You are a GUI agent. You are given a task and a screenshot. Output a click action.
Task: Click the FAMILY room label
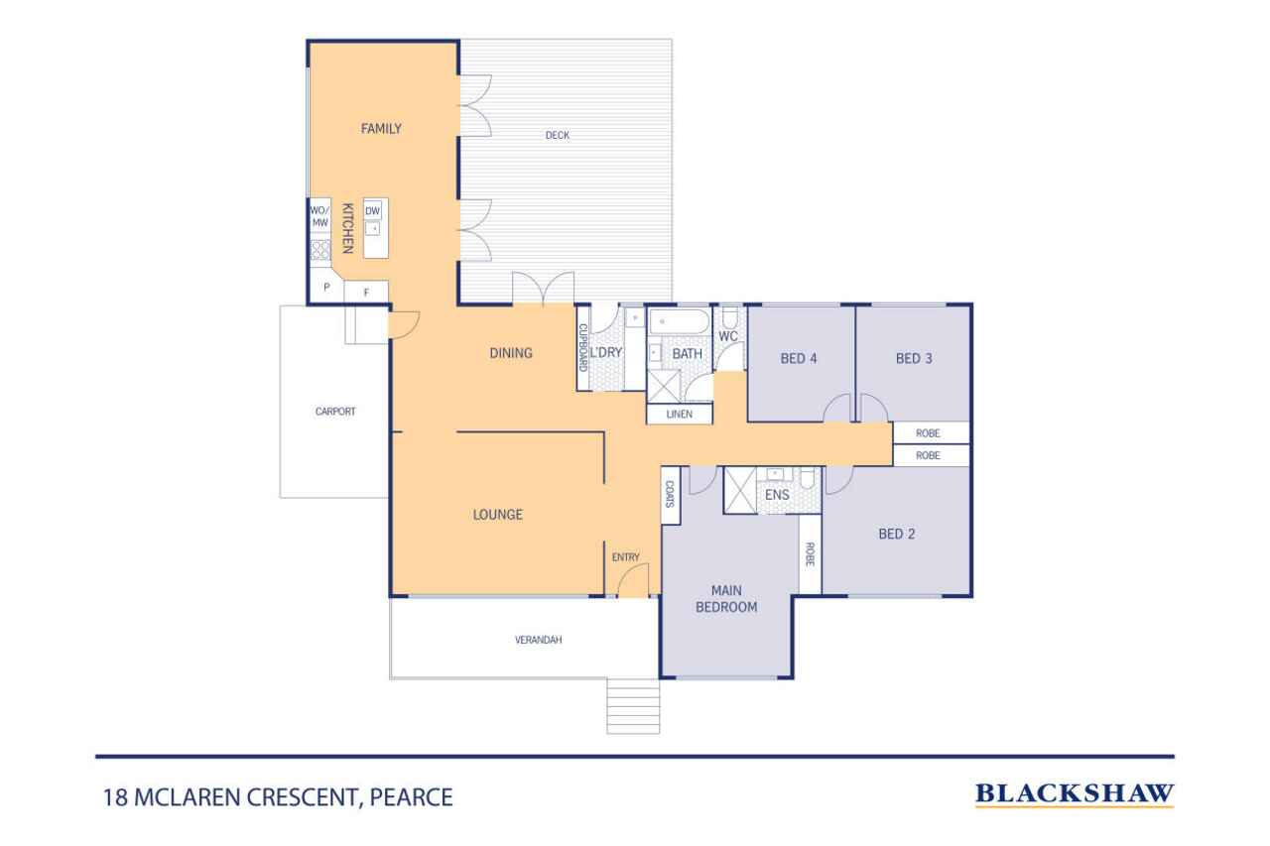[381, 129]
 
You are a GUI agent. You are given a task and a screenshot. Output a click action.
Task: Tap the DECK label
[558, 136]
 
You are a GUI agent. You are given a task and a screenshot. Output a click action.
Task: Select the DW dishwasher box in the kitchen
[372, 211]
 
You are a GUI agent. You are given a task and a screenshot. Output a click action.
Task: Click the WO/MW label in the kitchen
[319, 216]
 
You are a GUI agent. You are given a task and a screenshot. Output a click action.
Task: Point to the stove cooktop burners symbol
[319, 250]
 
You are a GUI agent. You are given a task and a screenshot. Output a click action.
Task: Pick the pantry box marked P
[326, 288]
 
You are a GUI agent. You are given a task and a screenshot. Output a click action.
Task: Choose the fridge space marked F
[366, 293]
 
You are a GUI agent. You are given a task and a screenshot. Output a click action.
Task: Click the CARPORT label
[335, 412]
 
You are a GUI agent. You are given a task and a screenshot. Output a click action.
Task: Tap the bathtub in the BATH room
[680, 322]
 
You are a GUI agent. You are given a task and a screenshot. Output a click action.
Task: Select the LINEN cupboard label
[680, 415]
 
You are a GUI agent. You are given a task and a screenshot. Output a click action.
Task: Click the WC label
[728, 336]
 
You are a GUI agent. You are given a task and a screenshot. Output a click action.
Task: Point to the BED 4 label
[799, 359]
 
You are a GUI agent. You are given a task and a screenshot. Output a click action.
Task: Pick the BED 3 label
[914, 359]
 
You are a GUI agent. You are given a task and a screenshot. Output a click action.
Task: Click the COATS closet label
[670, 494]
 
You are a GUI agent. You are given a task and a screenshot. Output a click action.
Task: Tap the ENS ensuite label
[777, 495]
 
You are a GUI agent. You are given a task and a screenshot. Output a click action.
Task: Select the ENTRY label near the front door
[626, 557]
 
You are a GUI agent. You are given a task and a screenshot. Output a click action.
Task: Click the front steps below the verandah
[633, 706]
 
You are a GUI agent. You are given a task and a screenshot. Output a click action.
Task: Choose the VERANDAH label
[538, 640]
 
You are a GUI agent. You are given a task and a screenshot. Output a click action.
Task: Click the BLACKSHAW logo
[1075, 794]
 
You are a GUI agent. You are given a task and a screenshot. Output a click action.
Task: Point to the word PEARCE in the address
[411, 797]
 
